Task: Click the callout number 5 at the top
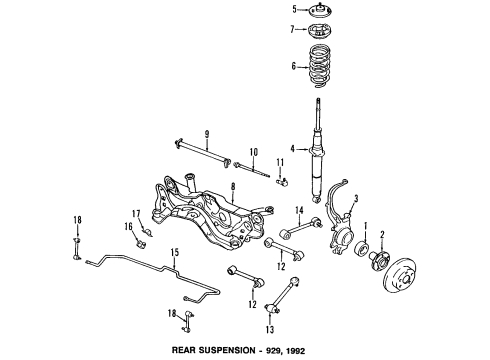pos(294,9)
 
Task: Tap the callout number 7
pos(292,29)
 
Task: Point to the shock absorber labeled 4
pos(318,150)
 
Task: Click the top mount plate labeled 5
pos(320,9)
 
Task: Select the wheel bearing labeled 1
pos(362,249)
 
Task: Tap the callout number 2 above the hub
pos(382,234)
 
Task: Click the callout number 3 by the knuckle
pos(356,199)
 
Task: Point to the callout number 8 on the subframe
pos(233,186)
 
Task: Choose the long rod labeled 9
pos(202,153)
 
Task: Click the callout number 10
pos(254,152)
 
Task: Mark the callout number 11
pos(280,163)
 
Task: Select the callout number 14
pos(299,210)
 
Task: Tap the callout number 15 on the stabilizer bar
pos(175,252)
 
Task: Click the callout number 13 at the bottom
pos(270,329)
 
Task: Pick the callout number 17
pos(136,213)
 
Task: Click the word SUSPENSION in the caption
pos(226,350)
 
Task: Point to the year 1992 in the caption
pos(294,351)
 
